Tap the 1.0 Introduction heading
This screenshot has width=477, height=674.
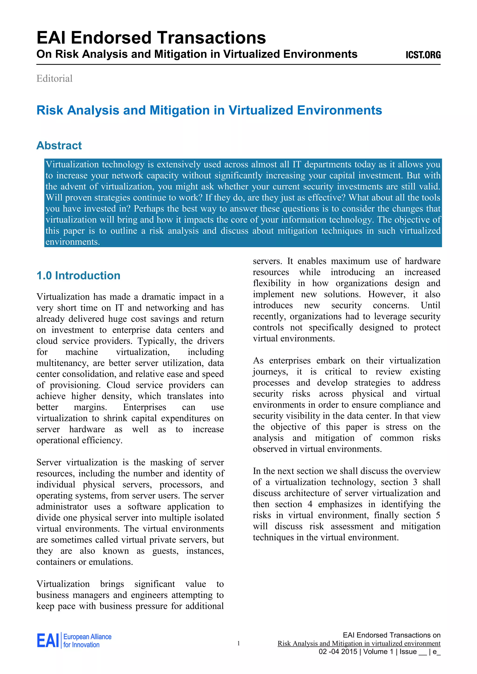point(78,276)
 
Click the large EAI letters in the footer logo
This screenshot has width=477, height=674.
point(48,640)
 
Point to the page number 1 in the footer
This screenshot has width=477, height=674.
point(238,644)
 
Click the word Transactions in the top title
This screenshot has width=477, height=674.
point(211,38)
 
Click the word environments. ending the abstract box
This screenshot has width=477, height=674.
point(72,242)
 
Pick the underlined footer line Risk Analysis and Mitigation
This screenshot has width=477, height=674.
point(359,644)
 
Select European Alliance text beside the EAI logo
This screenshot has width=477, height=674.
point(87,637)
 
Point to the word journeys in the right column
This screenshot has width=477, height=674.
point(270,372)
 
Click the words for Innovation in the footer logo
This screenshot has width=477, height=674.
point(81,645)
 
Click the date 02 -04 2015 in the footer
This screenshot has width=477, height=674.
point(337,652)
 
